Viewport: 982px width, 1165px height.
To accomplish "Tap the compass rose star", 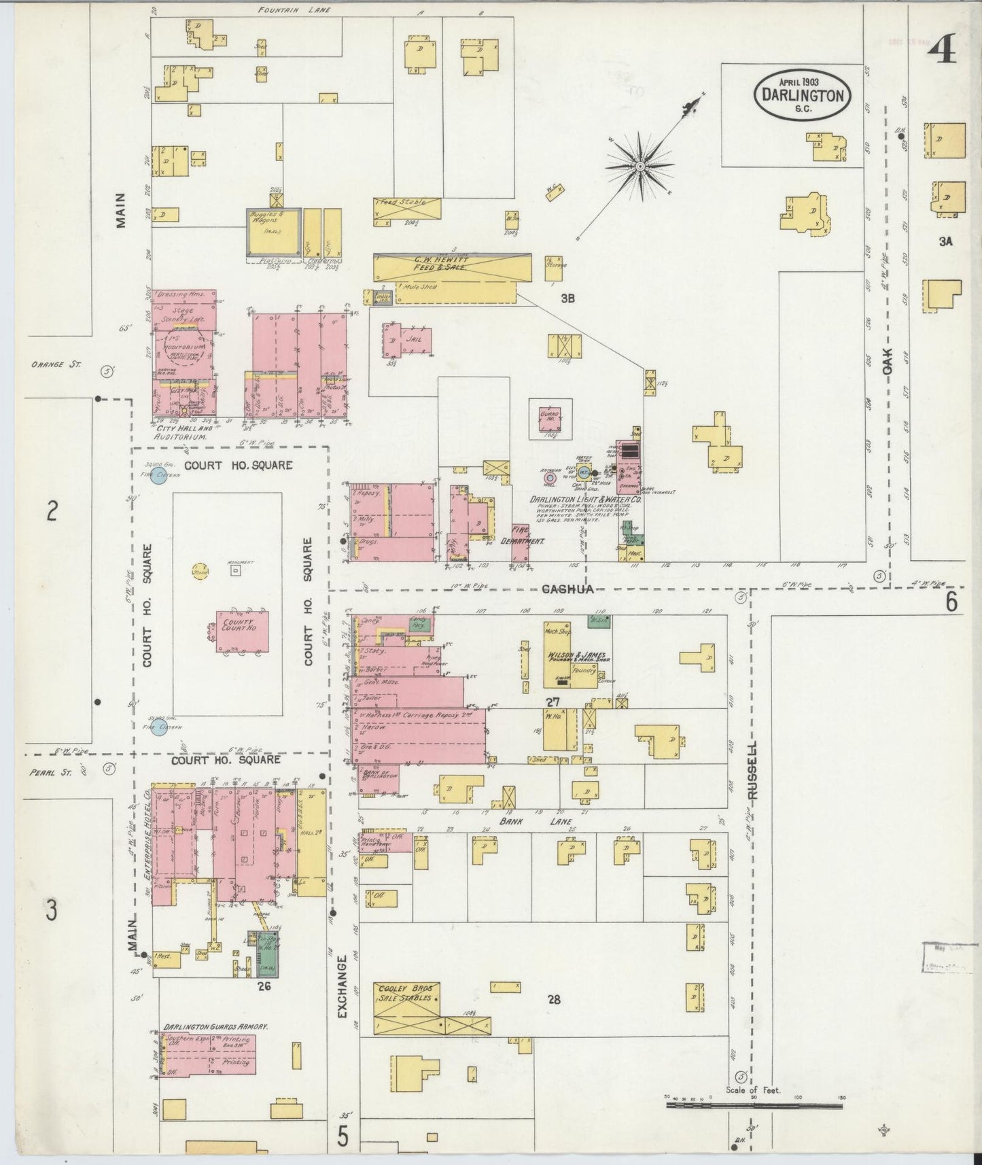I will [639, 164].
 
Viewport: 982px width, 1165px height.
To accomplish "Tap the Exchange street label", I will [342, 988].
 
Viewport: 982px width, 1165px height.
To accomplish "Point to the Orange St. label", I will [56, 364].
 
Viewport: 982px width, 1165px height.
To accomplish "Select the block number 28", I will [555, 999].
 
